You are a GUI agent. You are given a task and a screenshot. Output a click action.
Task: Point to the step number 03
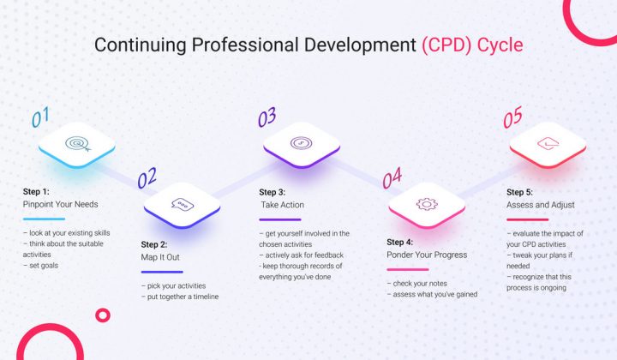[x=266, y=115]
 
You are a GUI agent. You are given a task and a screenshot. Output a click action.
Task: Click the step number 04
[x=392, y=179]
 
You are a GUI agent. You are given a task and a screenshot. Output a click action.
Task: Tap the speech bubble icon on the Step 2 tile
[x=182, y=204]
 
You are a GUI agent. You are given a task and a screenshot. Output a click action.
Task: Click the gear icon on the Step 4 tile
[x=426, y=204]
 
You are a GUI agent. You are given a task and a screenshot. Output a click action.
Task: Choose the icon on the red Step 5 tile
[x=548, y=143]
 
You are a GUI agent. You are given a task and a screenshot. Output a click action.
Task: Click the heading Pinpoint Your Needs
[x=61, y=206]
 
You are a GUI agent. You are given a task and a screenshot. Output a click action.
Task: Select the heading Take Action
[x=282, y=205]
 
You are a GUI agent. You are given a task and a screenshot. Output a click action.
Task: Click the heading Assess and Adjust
[x=541, y=206]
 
